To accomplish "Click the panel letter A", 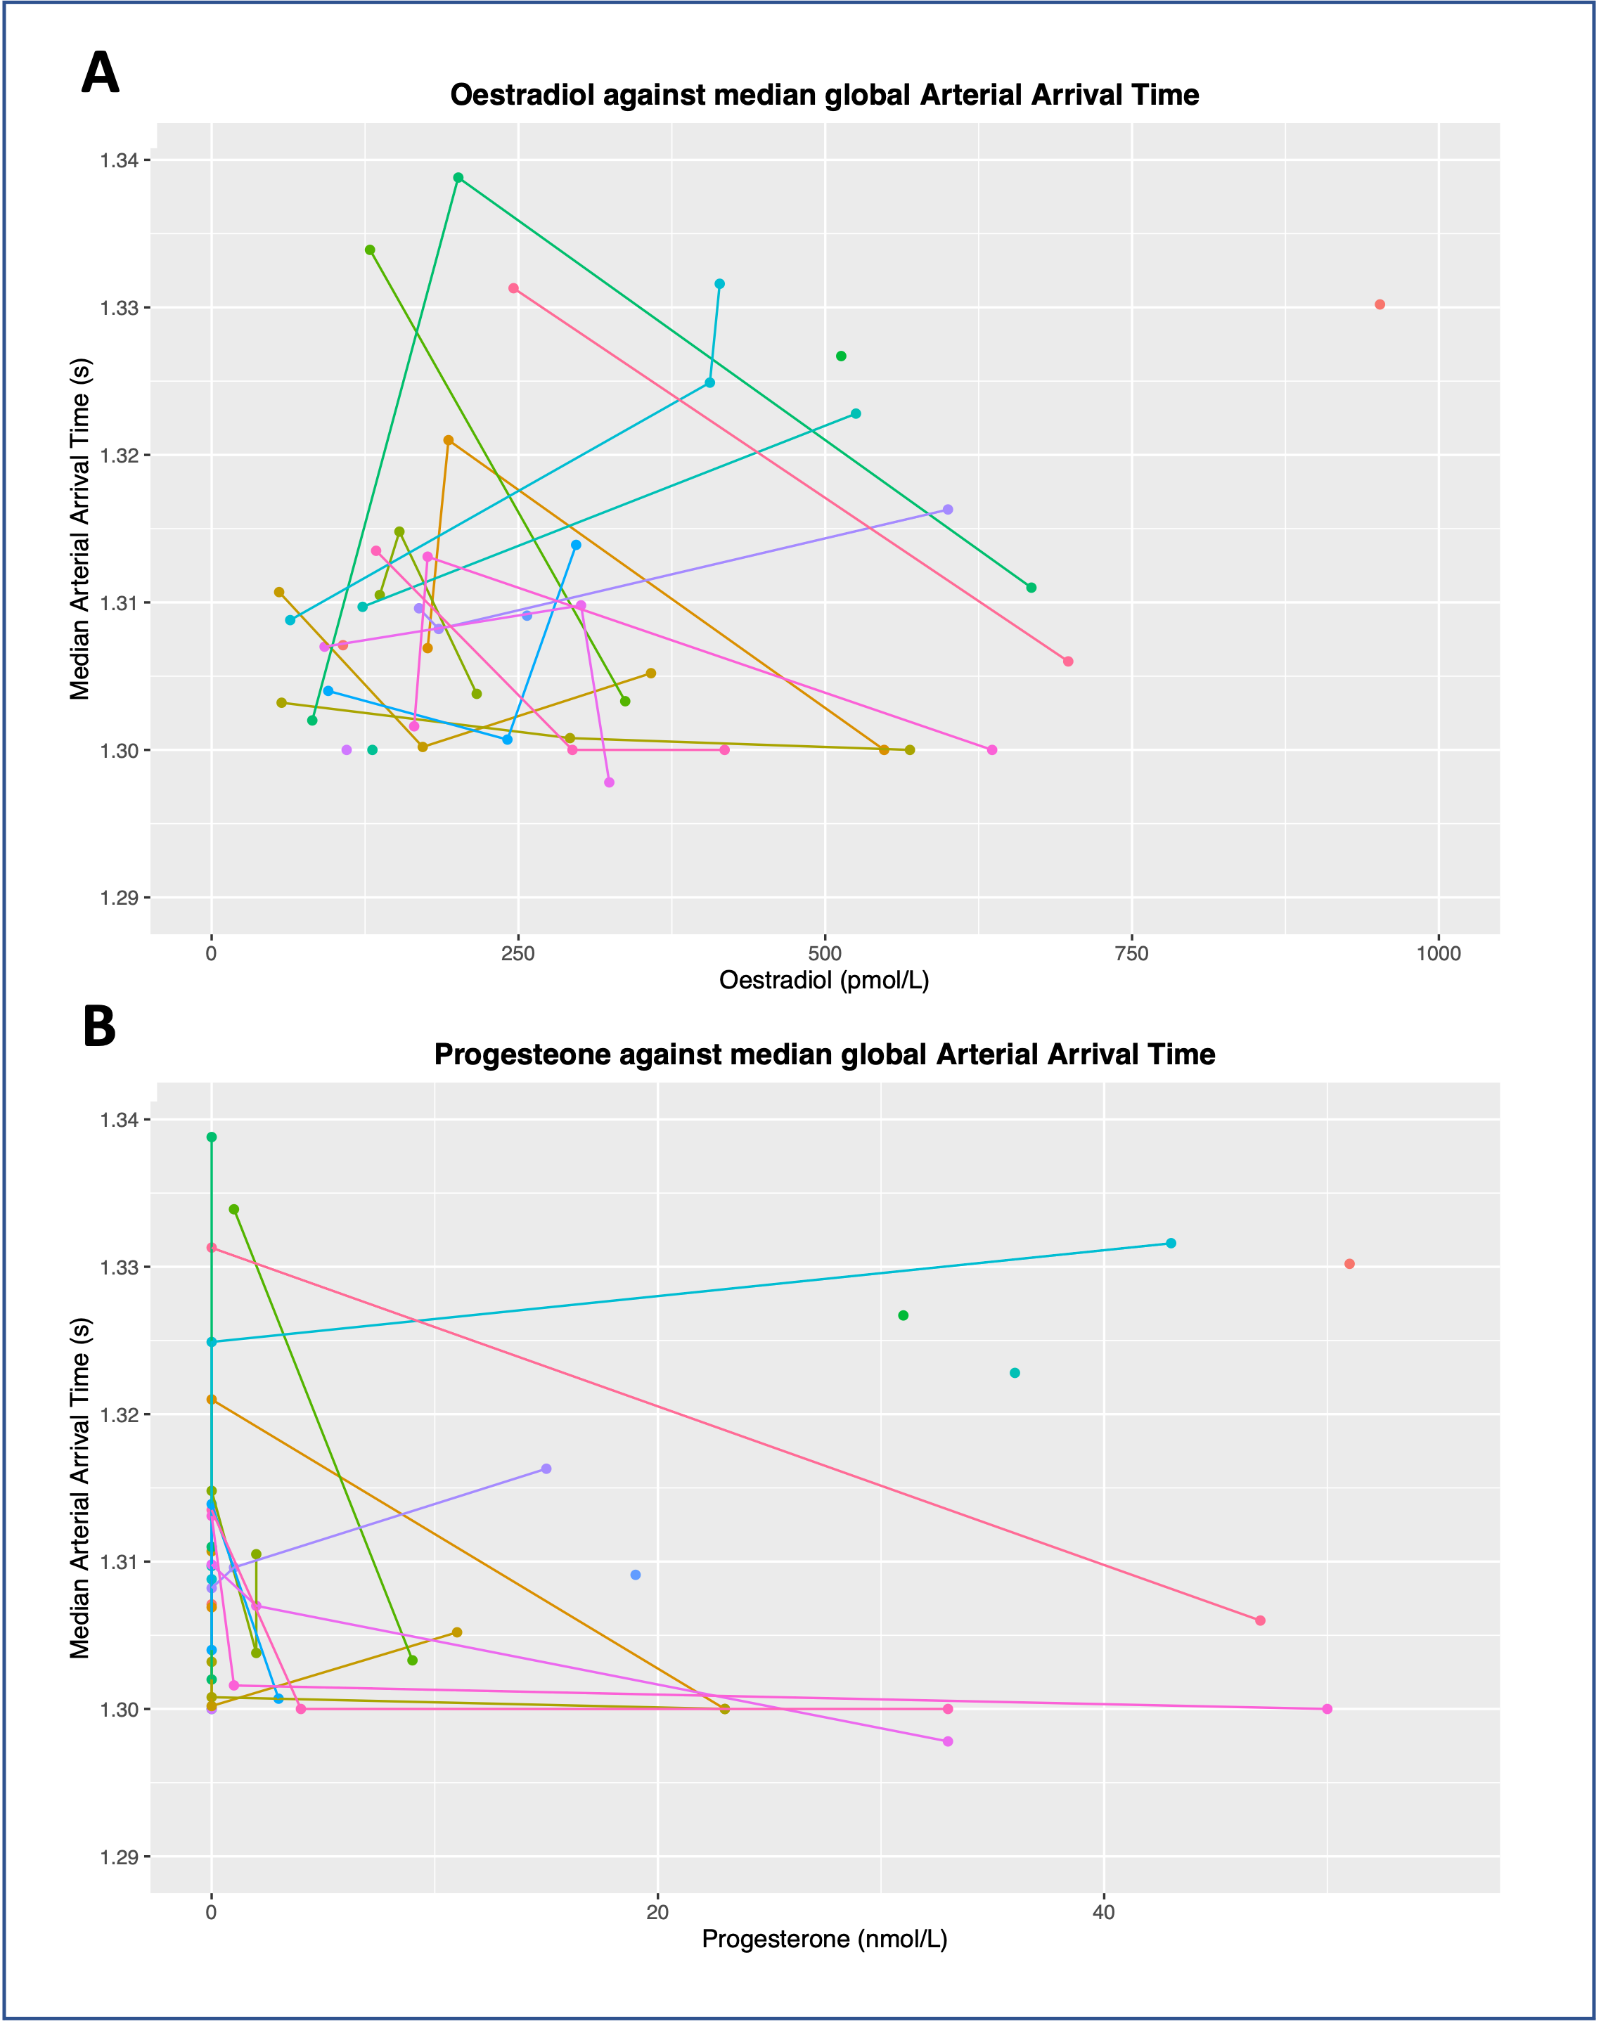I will pyautogui.click(x=101, y=73).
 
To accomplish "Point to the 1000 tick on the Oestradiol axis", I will pyautogui.click(x=1438, y=953).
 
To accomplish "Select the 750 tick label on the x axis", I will pyautogui.click(x=1131, y=953).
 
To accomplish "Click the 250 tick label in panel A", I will pyautogui.click(x=517, y=953).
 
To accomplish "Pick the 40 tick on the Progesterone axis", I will pyautogui.click(x=1104, y=1913).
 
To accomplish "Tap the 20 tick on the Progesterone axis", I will pyautogui.click(x=658, y=1913).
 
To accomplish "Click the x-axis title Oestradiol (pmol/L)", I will pyautogui.click(x=824, y=980).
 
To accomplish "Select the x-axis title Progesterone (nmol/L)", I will pyautogui.click(x=824, y=1939).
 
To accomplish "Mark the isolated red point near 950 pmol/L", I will pyautogui.click(x=1380, y=304).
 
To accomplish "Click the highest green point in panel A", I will pyautogui.click(x=458, y=177).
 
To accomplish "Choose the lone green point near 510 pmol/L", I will pyautogui.click(x=841, y=356).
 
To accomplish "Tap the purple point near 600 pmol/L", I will pyautogui.click(x=948, y=510).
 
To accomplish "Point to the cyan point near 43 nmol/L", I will pyautogui.click(x=1171, y=1243).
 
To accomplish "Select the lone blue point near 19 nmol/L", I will pyautogui.click(x=636, y=1575).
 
